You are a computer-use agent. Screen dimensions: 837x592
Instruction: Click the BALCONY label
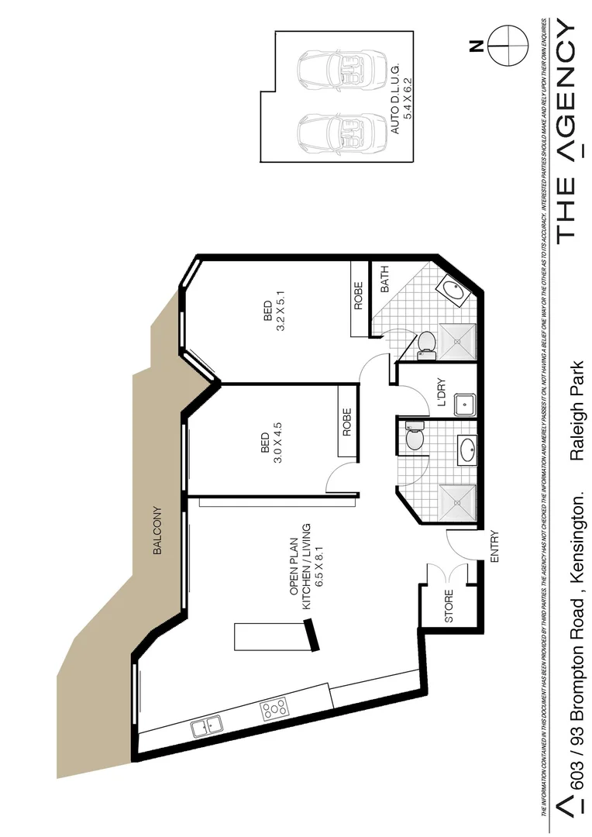click(x=157, y=531)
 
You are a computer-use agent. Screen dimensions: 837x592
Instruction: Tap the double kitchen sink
click(x=206, y=726)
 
